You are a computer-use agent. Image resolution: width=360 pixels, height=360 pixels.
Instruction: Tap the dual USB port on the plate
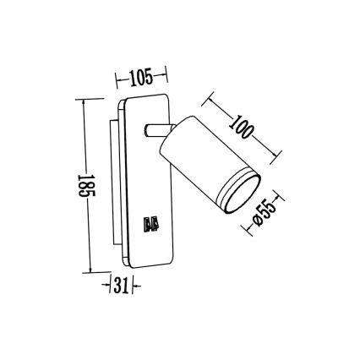pyautogui.click(x=152, y=224)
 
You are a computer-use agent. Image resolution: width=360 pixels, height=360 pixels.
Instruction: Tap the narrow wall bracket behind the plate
pyautogui.click(x=114, y=186)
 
